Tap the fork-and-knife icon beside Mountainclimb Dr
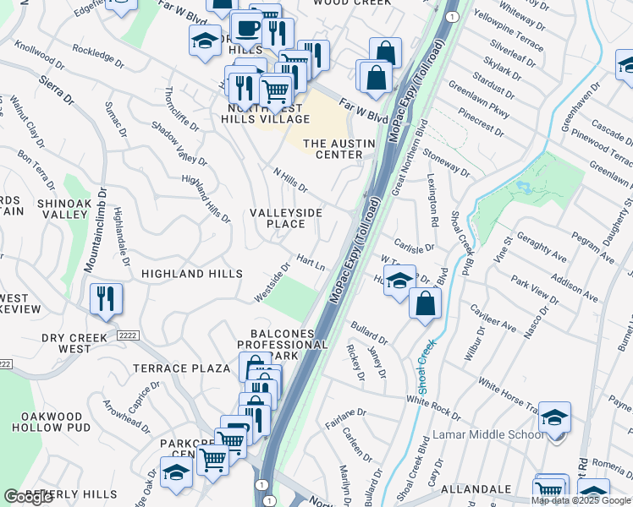pyautogui.click(x=106, y=299)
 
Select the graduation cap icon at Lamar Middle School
pyautogui.click(x=554, y=418)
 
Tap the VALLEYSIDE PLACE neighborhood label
pyautogui.click(x=286, y=218)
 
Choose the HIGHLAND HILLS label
pyautogui.click(x=192, y=274)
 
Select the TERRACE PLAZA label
pyautogui.click(x=182, y=368)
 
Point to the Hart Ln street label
pyautogui.click(x=311, y=262)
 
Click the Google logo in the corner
pyautogui.click(x=28, y=497)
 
